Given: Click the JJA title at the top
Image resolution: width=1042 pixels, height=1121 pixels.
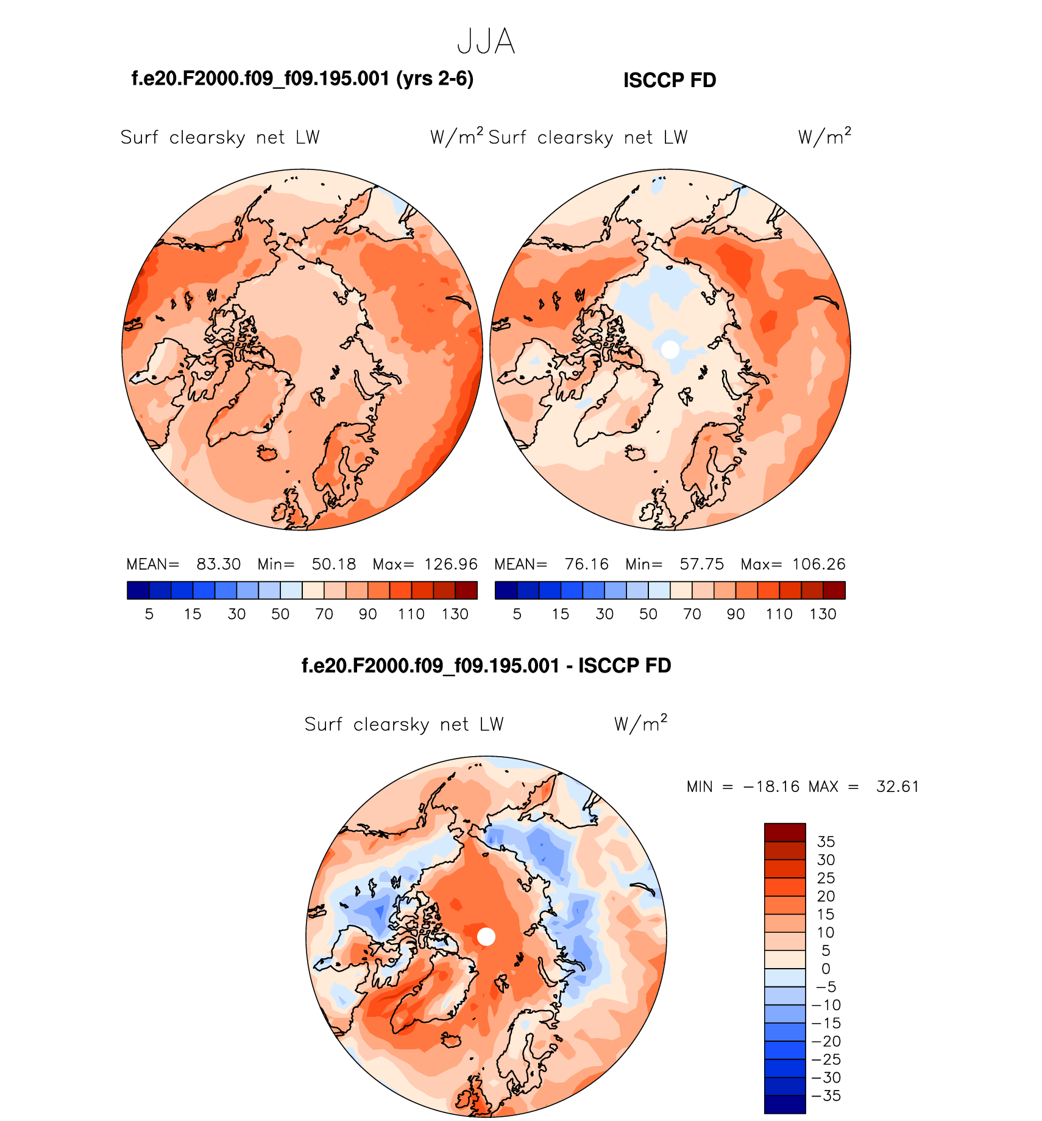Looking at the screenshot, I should tap(486, 42).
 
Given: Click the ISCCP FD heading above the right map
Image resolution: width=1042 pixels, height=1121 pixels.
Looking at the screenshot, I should tap(669, 80).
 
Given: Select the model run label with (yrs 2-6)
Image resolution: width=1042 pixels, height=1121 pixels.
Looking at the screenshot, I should tap(302, 79).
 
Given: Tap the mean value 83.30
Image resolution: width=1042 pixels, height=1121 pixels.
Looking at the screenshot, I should tap(218, 564).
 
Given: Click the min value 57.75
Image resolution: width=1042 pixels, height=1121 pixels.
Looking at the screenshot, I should tap(701, 564).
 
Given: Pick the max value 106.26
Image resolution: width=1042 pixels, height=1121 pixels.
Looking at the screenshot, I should tap(819, 564).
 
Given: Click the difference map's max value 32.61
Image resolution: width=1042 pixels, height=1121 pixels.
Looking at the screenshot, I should tap(897, 787).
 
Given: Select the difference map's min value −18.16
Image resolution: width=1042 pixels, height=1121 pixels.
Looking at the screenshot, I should tap(771, 787).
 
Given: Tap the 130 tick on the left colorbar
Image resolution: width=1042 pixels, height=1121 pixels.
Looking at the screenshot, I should tap(455, 614).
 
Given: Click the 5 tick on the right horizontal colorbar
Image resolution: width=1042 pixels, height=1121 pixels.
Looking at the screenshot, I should tap(517, 614).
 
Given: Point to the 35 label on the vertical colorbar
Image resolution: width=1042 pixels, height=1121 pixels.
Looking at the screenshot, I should tap(826, 841).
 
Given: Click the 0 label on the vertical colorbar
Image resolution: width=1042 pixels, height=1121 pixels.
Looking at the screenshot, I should tap(826, 969).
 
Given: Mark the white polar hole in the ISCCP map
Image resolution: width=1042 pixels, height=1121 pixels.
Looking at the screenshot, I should tap(670, 350).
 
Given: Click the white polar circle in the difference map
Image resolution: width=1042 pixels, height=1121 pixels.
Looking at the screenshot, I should tap(486, 936).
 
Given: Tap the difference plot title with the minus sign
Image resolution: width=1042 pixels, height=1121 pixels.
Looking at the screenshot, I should tap(486, 665).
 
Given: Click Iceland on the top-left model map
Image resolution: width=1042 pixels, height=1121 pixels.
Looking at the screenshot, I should tap(268, 453).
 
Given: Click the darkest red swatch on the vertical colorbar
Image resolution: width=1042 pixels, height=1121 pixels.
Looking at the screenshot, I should tap(785, 832).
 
